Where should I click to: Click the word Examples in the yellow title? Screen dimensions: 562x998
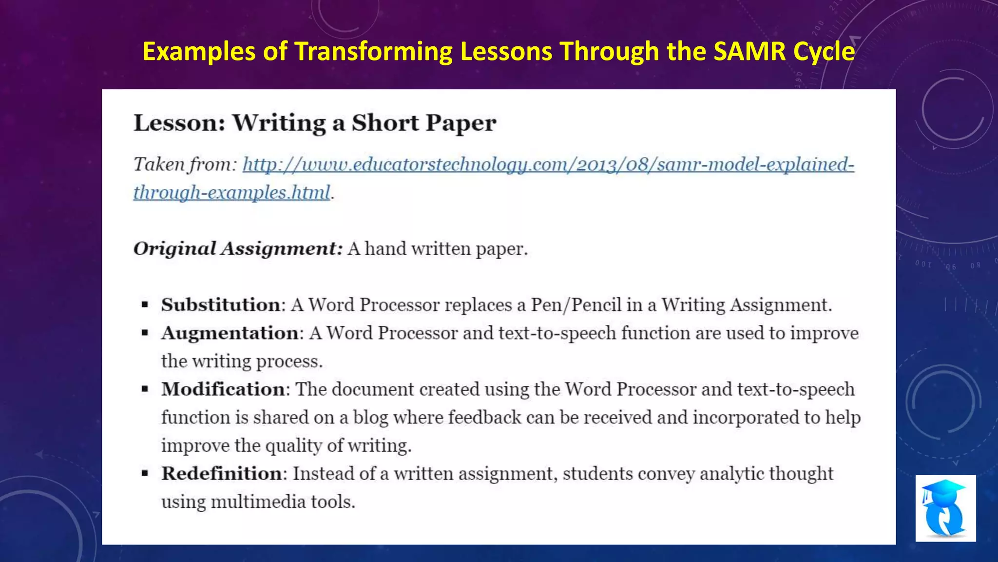pos(199,51)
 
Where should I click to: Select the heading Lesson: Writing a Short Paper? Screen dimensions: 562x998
pos(315,122)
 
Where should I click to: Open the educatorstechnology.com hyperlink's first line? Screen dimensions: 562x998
pos(548,164)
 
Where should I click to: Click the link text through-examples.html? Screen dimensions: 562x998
pos(232,192)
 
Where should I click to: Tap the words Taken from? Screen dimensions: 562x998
pos(185,164)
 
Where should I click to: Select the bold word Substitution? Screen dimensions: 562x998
pos(221,305)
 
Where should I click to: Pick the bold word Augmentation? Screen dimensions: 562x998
pos(230,333)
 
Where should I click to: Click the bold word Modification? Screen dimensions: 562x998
pos(223,389)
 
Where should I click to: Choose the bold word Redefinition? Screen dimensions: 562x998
pos(222,474)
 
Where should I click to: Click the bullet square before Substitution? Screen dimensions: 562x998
pos(145,305)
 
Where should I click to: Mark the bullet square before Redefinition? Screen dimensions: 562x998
pos(145,474)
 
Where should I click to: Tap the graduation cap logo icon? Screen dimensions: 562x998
pos(945,508)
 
